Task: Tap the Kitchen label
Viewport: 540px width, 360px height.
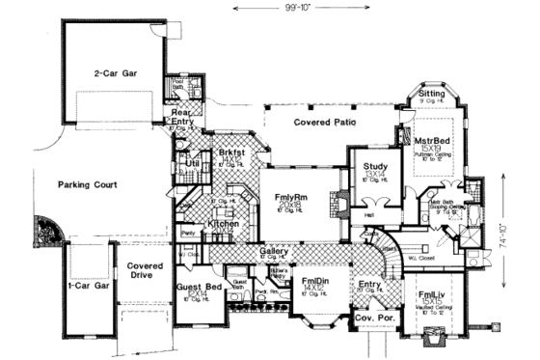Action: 224,224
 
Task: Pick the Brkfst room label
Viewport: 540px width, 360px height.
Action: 230,152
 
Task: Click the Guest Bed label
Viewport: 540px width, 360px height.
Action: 200,287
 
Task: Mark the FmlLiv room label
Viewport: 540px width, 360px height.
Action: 433,294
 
